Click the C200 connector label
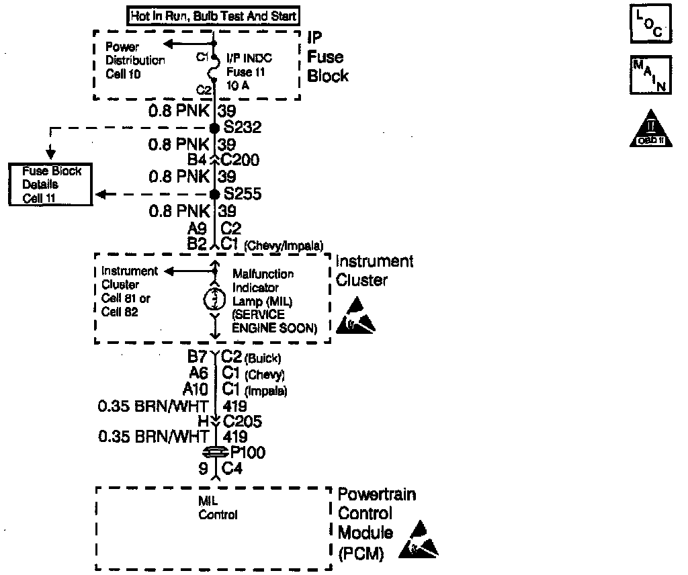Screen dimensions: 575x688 click(240, 160)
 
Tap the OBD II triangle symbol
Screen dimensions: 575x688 click(647, 129)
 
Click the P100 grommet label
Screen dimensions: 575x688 click(247, 453)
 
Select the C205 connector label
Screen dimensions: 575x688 click(241, 422)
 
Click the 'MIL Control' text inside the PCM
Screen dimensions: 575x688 click(218, 509)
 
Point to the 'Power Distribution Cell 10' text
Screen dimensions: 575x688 click(134, 60)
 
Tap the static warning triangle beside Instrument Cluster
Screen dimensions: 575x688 click(359, 316)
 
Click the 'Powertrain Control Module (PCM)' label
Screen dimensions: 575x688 click(376, 524)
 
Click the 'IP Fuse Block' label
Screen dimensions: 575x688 click(328, 57)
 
